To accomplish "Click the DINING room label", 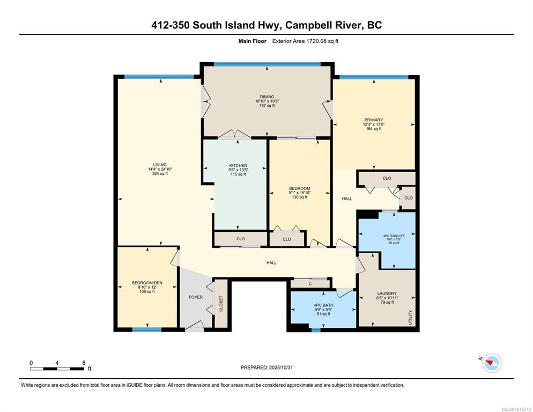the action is coord(267,97).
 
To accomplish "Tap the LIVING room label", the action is coord(160,165).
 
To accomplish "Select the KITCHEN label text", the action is coord(238,165).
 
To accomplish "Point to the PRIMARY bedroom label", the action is coord(374,120).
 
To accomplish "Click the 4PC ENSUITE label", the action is coord(394,236).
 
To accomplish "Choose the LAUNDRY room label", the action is coord(387,293).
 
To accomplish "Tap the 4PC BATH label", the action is coord(323,305).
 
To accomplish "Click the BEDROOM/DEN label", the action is coord(147,283).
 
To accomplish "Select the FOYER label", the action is coord(196,297).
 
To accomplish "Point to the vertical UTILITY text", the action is coord(410,317).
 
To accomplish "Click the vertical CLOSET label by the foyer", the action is coord(221,304).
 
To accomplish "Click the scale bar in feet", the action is coord(57,369).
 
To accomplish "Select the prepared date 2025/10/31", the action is coord(281,367).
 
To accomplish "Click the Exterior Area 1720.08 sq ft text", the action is coord(305,41).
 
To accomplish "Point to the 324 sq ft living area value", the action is coord(160,173).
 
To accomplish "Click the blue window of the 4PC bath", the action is coord(316,329).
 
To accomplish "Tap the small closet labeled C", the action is coord(310,284).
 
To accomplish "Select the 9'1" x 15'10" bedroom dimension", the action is coord(299,193).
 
